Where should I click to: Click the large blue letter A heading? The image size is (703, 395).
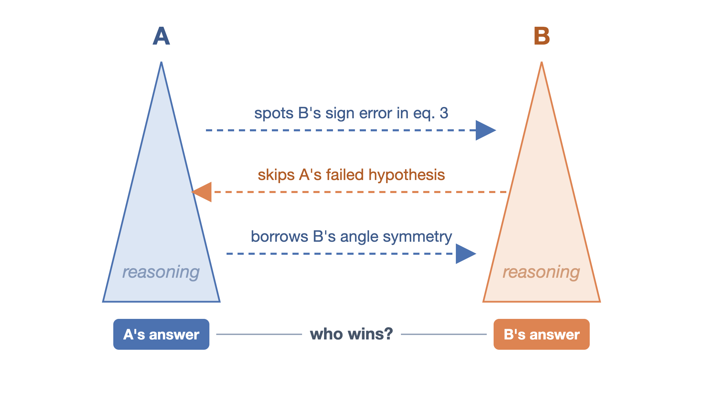161,36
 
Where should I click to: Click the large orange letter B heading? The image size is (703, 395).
542,36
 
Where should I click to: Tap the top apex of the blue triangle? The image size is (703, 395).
161,62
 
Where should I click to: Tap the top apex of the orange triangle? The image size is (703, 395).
542,62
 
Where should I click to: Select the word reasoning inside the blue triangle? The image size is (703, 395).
161,272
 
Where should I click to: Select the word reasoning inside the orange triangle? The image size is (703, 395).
541,272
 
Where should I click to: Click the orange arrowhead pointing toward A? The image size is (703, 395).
201,192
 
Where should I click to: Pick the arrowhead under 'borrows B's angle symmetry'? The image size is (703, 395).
466,254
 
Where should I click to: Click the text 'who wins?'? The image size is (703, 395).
351,334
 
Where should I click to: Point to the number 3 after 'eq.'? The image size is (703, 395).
444,113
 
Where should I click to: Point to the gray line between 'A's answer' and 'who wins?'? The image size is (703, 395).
259,334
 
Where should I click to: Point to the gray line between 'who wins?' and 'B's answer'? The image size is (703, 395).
444,334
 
